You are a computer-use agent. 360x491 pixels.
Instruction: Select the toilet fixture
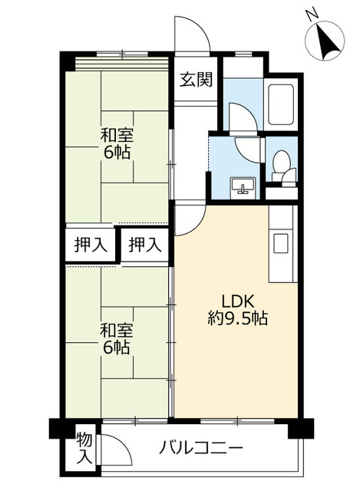tap(282, 165)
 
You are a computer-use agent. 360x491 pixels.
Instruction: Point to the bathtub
tap(280, 102)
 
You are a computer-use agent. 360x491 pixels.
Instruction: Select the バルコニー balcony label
tap(202, 447)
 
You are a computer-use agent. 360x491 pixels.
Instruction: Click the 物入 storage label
tap(84, 448)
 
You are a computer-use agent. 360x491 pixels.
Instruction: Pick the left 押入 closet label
tap(90, 245)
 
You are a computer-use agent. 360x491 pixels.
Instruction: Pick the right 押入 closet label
tap(144, 245)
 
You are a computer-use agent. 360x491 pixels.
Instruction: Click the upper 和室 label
tap(117, 136)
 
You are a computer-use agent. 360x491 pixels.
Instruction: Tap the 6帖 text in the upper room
tap(117, 152)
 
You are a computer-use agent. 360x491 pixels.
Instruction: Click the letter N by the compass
tap(310, 14)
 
